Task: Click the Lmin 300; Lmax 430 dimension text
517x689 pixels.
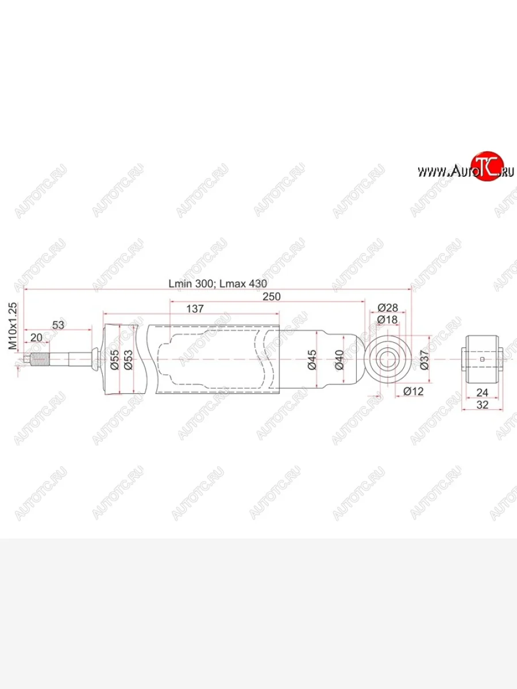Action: click(218, 284)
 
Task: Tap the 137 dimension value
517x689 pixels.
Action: click(195, 309)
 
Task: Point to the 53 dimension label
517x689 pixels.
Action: click(58, 325)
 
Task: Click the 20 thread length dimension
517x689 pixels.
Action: click(36, 338)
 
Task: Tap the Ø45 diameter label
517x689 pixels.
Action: click(312, 360)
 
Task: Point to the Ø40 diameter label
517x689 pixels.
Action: click(340, 360)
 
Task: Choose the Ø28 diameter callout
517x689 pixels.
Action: click(388, 308)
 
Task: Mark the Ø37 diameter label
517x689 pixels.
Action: click(425, 360)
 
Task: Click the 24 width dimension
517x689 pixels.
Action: click(482, 392)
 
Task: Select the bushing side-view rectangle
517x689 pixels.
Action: click(483, 360)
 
